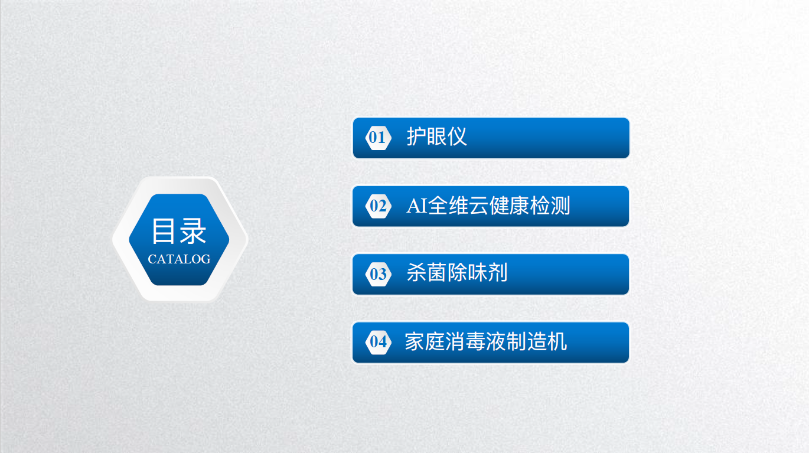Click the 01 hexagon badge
[378, 138]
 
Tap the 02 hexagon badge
[378, 206]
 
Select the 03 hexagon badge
[378, 274]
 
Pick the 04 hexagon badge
[378, 342]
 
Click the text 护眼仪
[436, 136]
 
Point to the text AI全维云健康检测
[488, 206]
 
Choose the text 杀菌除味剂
[457, 272]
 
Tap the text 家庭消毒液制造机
[486, 341]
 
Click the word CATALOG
[179, 259]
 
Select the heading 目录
[179, 231]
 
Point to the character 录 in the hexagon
[193, 231]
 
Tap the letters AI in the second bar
[417, 206]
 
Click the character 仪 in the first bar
[457, 136]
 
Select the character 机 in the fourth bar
[557, 341]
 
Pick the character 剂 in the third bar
[498, 272]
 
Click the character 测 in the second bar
[560, 206]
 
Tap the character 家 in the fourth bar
[415, 341]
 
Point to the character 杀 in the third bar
[416, 272]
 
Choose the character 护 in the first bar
[416, 136]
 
